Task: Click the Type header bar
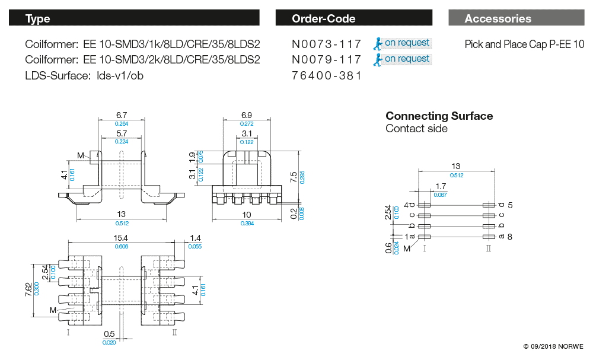click(134, 18)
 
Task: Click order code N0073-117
click(326, 44)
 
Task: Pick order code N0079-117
click(326, 59)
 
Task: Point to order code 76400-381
click(326, 75)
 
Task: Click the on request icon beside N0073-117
click(378, 43)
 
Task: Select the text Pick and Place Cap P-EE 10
click(524, 44)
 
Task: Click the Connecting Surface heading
click(439, 116)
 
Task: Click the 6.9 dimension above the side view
click(247, 114)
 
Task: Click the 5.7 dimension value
click(122, 134)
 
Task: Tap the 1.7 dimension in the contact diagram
click(441, 187)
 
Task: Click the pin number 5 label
click(510, 205)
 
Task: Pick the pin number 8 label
click(510, 237)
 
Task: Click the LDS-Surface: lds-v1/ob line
click(84, 75)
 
